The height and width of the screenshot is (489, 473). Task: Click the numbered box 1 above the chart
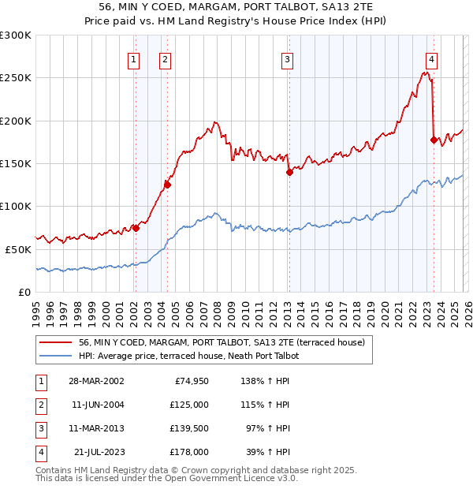(x=134, y=58)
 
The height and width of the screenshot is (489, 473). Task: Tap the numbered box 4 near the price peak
(x=432, y=58)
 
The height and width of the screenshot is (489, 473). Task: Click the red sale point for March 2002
(x=136, y=228)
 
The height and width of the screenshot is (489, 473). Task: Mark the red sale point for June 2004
(x=167, y=185)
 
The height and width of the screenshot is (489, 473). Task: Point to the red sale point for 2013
(x=289, y=173)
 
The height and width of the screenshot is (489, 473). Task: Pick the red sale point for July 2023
(x=434, y=140)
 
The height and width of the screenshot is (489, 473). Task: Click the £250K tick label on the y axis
(x=16, y=78)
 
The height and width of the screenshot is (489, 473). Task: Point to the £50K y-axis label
(x=19, y=249)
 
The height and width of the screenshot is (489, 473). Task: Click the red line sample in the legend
(x=55, y=343)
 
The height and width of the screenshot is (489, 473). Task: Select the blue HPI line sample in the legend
(x=55, y=356)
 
